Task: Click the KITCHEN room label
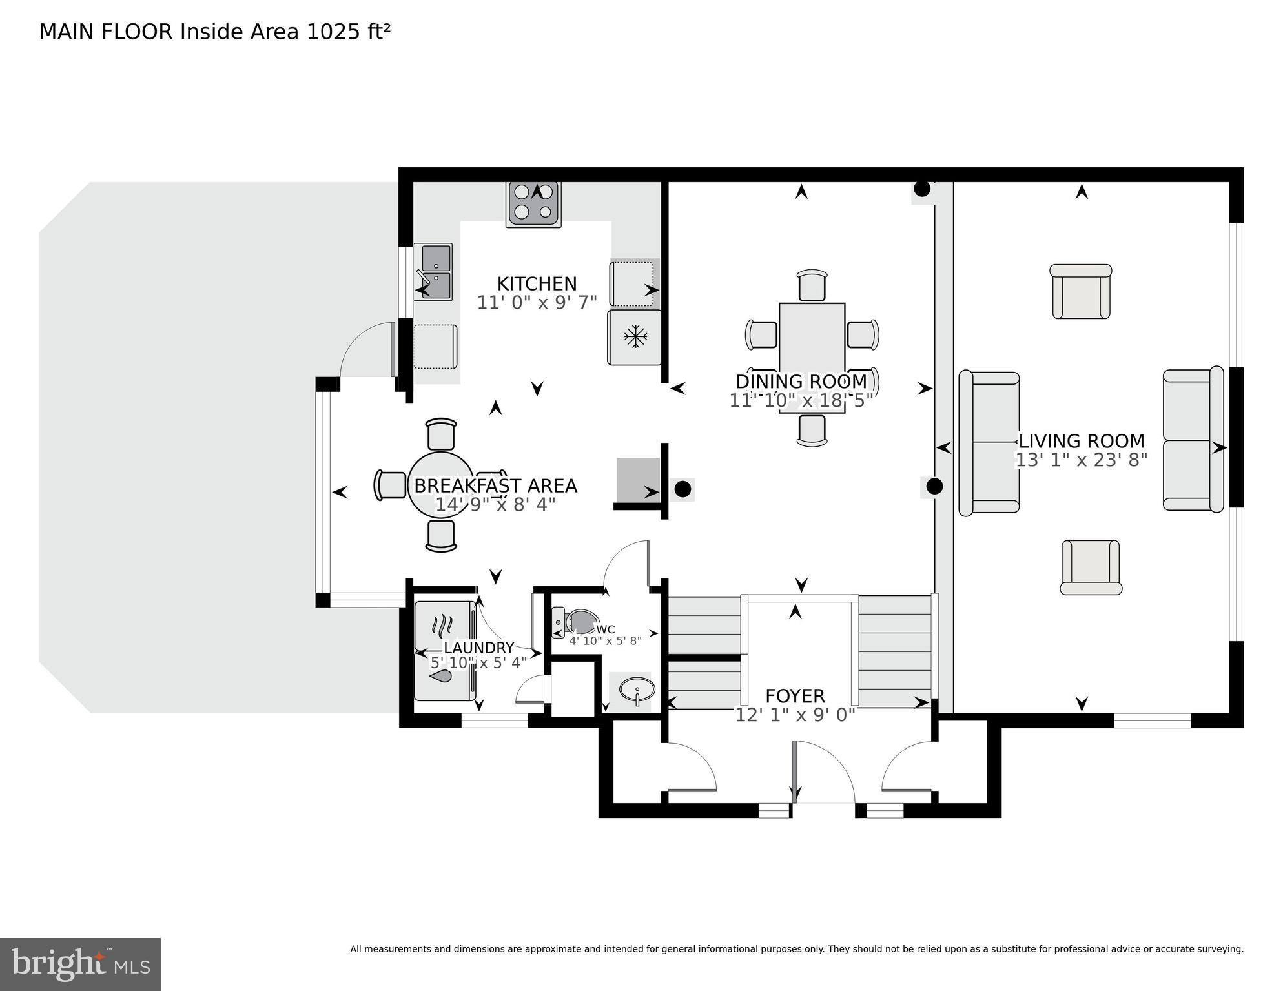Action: click(x=537, y=283)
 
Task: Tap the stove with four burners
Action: click(x=533, y=203)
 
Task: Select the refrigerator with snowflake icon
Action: click(x=635, y=337)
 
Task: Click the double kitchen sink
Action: click(x=433, y=272)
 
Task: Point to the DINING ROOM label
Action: click(x=801, y=382)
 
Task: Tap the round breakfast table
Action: click(x=441, y=485)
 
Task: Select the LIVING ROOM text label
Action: click(x=1082, y=441)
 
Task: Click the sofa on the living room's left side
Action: click(x=989, y=443)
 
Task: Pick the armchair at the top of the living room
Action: click(x=1081, y=291)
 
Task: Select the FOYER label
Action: click(x=795, y=696)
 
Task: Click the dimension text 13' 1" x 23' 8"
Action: click(x=1082, y=460)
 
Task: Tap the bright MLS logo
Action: click(x=80, y=965)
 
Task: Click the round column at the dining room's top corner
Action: click(x=922, y=189)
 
